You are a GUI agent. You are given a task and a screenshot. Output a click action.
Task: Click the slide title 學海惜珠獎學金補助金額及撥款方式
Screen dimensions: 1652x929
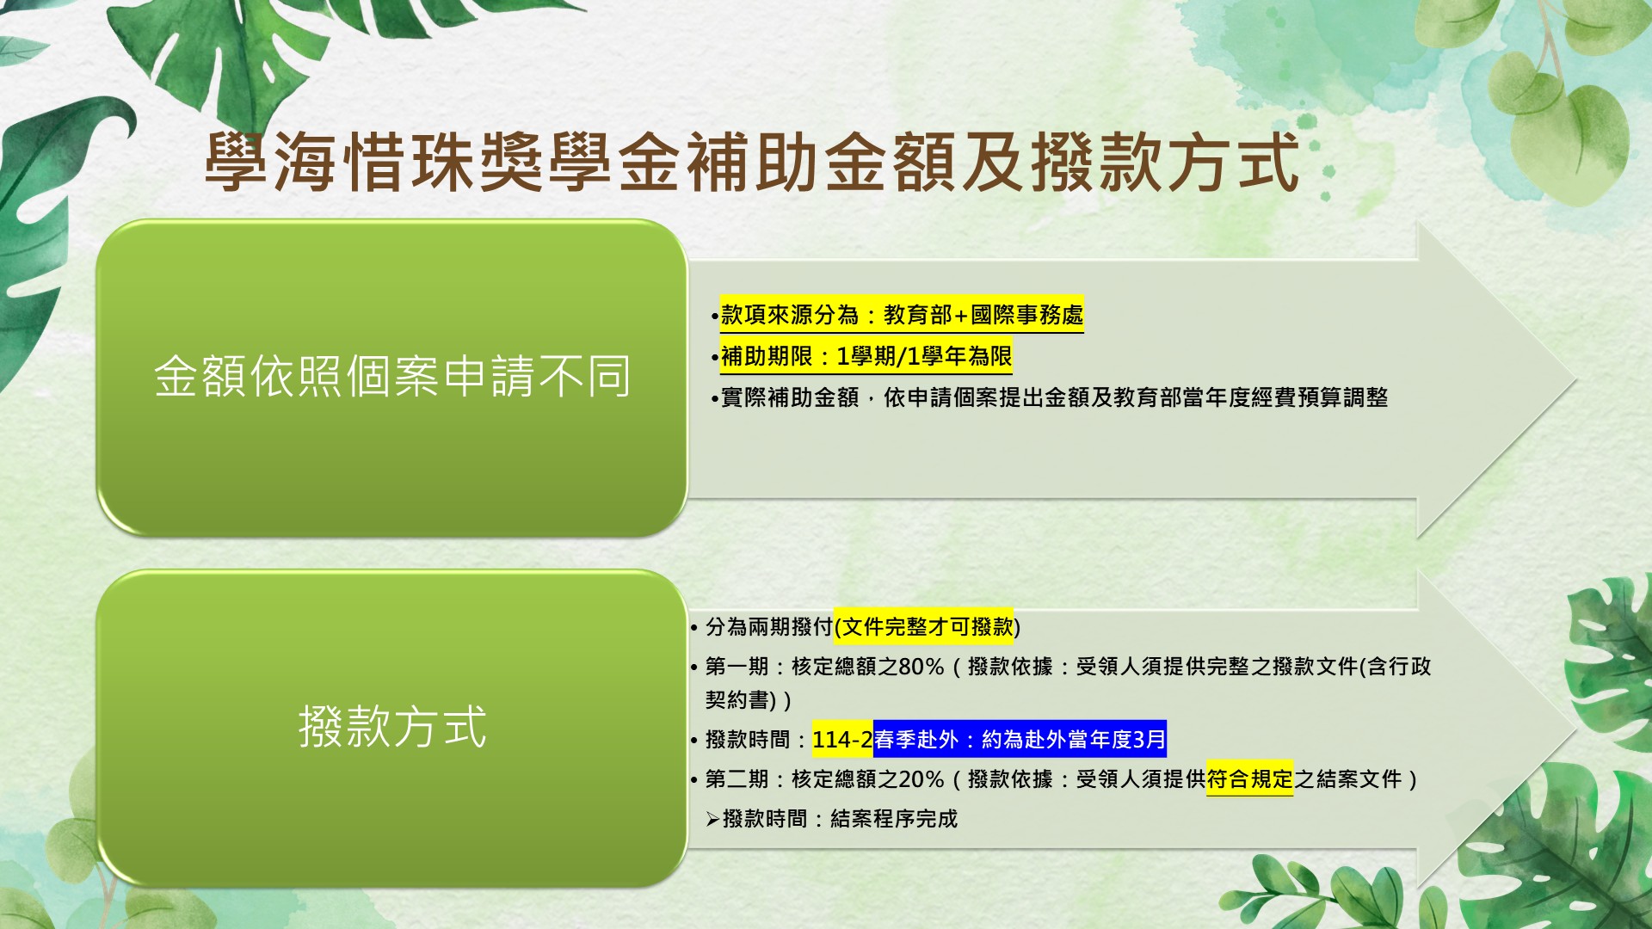pos(752,162)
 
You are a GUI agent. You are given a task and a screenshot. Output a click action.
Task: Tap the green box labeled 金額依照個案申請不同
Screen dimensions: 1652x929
pos(392,378)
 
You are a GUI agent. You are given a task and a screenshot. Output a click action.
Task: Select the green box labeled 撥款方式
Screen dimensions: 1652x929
pos(392,728)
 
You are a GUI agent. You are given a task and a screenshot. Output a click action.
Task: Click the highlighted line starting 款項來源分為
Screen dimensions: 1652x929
pos(902,315)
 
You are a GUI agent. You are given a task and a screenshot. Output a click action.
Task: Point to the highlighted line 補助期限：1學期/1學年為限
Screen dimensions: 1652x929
pos(866,356)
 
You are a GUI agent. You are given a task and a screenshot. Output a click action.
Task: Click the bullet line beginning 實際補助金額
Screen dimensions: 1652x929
pos(1050,397)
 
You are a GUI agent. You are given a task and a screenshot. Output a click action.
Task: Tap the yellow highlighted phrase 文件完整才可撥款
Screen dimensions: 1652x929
pos(928,626)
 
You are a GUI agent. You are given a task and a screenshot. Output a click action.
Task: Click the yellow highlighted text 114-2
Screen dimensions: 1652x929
pos(842,740)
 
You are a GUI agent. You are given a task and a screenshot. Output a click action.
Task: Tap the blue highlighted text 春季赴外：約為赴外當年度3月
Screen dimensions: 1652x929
pos(1020,740)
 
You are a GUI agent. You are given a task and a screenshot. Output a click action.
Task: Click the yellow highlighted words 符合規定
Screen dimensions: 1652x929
pos(1249,779)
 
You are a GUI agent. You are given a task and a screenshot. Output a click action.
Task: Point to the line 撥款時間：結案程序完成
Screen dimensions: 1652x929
pos(840,819)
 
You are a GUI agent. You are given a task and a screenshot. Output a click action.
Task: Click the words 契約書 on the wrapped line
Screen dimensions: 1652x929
pos(737,700)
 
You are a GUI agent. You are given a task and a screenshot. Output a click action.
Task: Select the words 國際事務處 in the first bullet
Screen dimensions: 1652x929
pos(1027,315)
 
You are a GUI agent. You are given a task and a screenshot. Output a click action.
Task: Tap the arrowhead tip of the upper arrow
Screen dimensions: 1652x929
pos(1576,379)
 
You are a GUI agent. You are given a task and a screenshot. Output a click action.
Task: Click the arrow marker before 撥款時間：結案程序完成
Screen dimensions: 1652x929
pos(712,820)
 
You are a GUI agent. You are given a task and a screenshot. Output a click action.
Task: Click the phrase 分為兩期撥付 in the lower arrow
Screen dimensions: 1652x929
pos(769,626)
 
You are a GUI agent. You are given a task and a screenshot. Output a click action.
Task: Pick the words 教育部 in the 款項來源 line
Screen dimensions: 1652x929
pos(917,315)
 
